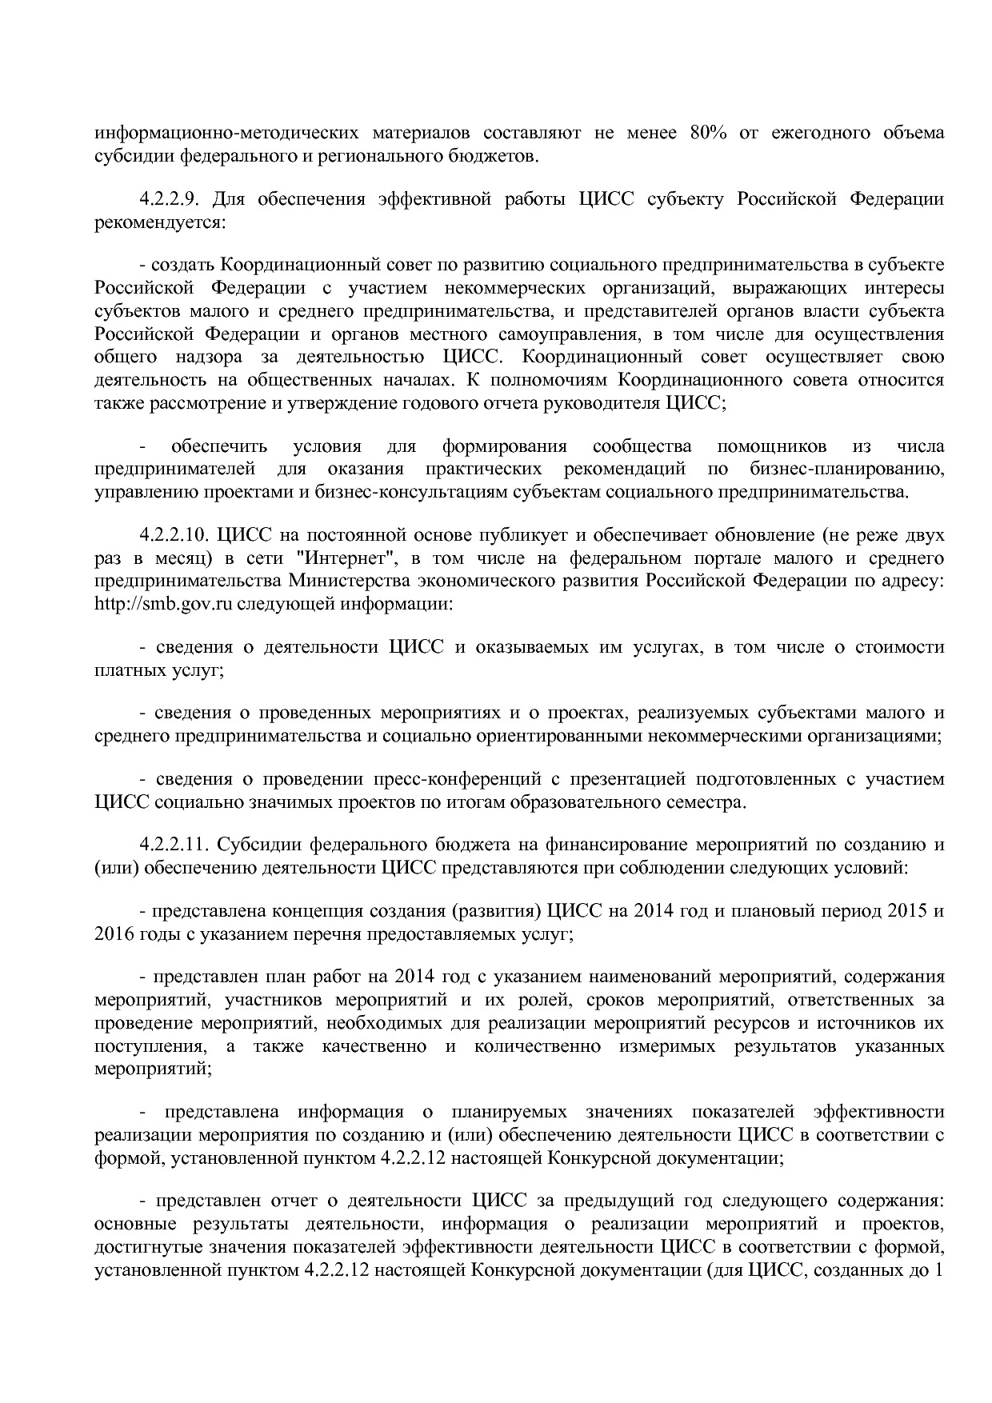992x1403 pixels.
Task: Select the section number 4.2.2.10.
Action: click(173, 534)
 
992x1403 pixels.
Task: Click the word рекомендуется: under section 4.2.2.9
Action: click(160, 222)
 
